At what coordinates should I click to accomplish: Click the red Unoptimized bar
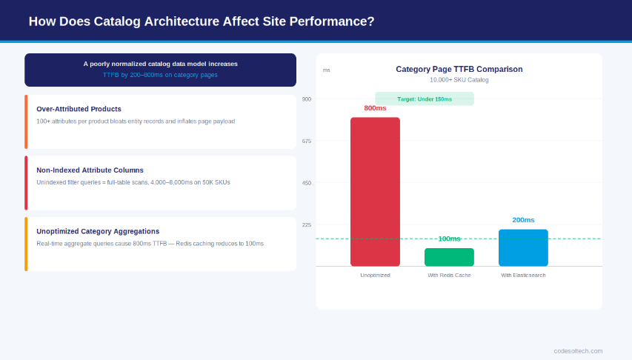pos(375,191)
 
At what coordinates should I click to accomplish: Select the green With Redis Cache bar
pos(449,257)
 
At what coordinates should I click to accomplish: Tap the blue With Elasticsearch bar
pos(523,247)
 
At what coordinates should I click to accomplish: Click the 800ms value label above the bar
pos(375,108)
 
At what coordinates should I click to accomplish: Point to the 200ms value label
pos(523,220)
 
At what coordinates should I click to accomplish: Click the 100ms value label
pos(449,239)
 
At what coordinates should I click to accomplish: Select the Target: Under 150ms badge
pos(425,99)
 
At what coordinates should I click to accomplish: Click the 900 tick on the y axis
pos(307,99)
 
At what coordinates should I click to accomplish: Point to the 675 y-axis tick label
pos(307,141)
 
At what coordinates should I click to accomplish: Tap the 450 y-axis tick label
pos(307,183)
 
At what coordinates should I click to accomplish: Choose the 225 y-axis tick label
pos(307,224)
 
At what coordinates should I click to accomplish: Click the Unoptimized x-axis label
pos(375,275)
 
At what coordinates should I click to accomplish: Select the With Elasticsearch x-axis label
pos(523,275)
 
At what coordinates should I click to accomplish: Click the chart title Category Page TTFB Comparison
pos(459,69)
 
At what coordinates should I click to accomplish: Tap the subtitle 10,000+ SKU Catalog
pos(459,80)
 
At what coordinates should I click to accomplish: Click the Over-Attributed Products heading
pos(79,109)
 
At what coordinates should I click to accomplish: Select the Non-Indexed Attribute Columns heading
pos(90,170)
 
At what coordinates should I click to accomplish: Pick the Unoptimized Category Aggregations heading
pos(98,231)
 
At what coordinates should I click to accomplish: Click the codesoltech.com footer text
pos(578,350)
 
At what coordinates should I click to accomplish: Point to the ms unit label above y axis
pos(326,70)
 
